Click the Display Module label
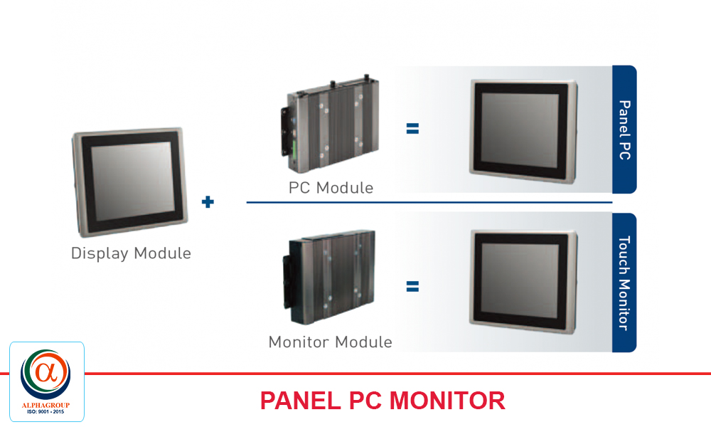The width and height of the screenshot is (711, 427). (131, 253)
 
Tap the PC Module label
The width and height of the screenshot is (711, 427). (331, 188)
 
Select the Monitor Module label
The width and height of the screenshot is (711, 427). (330, 342)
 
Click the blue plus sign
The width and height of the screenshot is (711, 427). (208, 202)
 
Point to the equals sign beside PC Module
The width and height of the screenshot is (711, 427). (412, 129)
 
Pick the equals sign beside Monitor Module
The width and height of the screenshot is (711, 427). (412, 287)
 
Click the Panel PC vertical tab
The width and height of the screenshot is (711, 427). (624, 130)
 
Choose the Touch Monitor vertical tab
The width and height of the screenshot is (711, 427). (624, 283)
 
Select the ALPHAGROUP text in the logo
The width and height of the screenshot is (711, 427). (46, 406)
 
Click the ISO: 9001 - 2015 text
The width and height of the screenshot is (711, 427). (46, 412)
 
